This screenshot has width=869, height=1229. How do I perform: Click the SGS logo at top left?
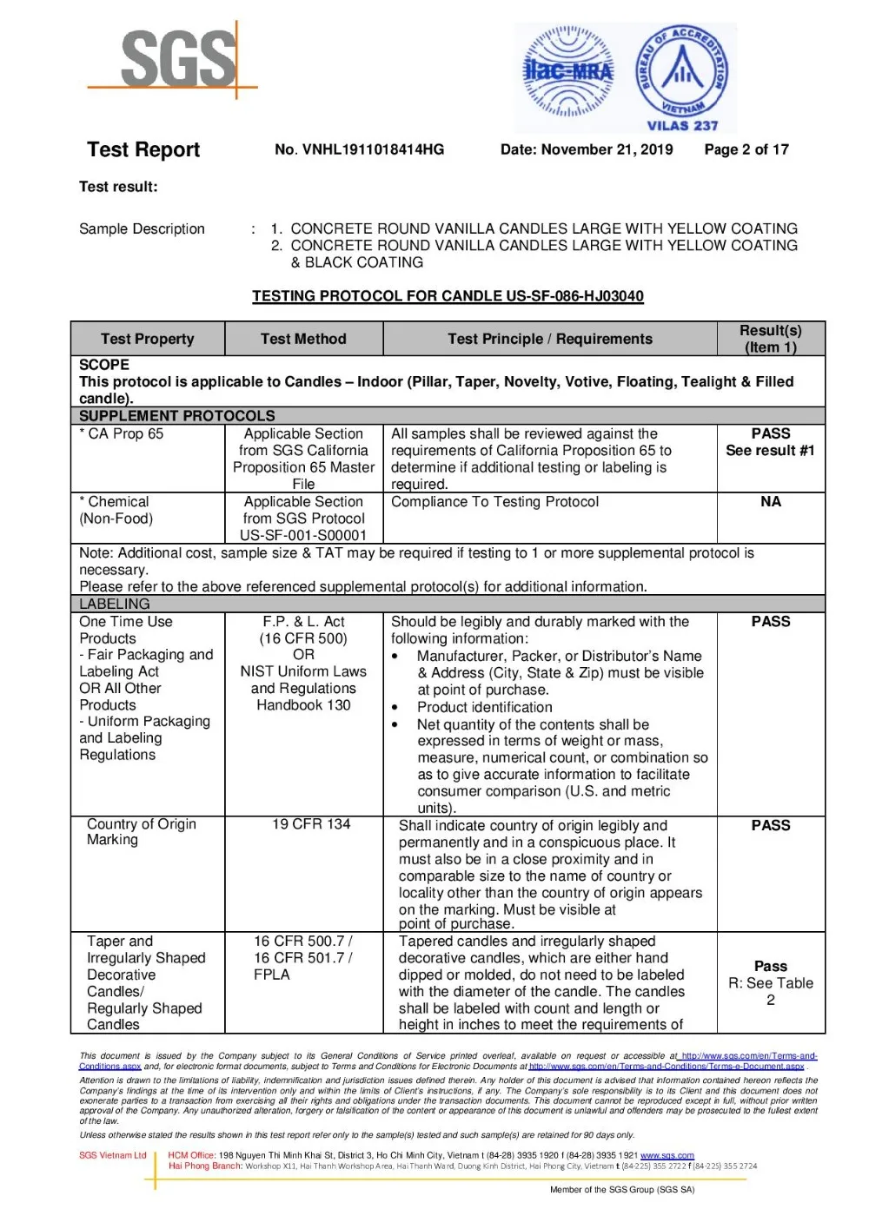click(179, 59)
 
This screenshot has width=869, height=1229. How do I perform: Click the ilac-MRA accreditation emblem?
click(568, 72)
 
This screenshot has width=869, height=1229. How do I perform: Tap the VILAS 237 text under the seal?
click(682, 126)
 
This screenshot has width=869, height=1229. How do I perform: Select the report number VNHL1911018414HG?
click(359, 149)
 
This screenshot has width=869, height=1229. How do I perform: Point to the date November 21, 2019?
click(587, 149)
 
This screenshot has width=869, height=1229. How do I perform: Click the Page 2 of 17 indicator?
click(746, 149)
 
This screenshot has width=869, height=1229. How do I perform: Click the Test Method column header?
click(303, 339)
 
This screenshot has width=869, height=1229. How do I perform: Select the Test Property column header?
click(147, 339)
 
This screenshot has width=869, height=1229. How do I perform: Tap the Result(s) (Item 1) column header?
click(771, 339)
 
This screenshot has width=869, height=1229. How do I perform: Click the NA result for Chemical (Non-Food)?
click(771, 502)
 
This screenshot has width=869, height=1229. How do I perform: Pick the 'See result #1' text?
click(771, 451)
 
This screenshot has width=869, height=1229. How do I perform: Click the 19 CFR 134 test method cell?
click(311, 824)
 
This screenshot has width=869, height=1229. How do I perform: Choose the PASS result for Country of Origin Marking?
click(771, 825)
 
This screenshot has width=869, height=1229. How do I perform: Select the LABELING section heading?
click(115, 604)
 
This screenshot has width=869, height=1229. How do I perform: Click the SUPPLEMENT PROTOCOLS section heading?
click(177, 416)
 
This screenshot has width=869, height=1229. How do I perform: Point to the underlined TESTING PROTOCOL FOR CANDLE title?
click(448, 296)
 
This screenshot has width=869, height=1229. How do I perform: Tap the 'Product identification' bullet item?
click(484, 707)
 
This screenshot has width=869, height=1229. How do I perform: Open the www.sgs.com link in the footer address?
click(667, 1155)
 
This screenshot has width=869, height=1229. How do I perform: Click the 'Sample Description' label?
click(142, 228)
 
